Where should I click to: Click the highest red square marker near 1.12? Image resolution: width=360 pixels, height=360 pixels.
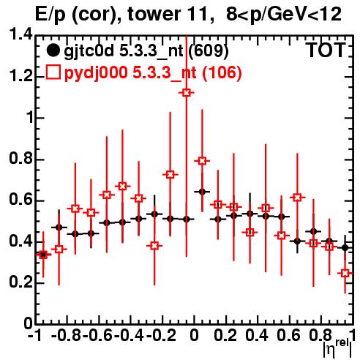point(187,93)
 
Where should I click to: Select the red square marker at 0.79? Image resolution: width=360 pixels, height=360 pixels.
point(202,161)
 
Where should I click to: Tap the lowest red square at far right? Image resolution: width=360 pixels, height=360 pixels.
point(345,273)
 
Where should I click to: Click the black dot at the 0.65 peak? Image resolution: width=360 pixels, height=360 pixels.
point(202,192)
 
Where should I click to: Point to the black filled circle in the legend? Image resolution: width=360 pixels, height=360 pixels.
point(53,50)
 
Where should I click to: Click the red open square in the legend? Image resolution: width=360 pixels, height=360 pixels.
point(53,72)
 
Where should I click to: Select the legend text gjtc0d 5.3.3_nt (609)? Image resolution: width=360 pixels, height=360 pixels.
point(146,51)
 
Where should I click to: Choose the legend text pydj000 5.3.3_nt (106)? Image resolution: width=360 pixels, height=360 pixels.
point(153,72)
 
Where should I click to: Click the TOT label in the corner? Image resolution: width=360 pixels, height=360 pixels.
point(326,50)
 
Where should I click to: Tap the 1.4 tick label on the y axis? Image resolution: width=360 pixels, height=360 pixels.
point(20,35)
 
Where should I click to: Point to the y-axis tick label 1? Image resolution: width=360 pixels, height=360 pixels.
point(30,118)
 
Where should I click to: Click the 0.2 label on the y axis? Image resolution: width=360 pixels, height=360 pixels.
point(20,282)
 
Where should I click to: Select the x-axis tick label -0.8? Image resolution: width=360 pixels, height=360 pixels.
point(66,336)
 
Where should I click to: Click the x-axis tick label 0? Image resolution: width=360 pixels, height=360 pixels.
point(194,336)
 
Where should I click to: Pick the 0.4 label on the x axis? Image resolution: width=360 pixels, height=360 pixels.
point(257,336)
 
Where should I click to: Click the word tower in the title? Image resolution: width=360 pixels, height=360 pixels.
point(154,14)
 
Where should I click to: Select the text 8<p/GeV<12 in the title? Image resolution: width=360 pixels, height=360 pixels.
point(284,14)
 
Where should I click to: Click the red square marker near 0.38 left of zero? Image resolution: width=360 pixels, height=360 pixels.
point(154,246)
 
